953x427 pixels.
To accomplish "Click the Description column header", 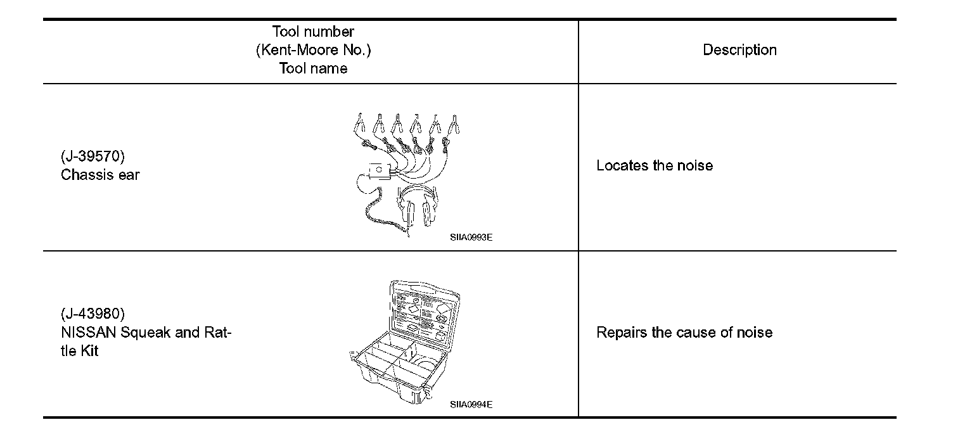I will click(739, 50).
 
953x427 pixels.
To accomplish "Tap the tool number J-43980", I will click(93, 314).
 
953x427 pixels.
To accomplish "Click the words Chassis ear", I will click(100, 175).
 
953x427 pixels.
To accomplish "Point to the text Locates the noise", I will click(655, 166).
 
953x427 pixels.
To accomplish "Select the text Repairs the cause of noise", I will click(684, 333).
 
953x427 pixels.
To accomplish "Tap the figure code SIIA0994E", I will click(471, 404).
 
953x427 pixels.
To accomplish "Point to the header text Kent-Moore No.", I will click(313, 50).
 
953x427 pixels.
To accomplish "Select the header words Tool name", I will click(313, 68).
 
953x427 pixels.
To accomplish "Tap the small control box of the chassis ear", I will click(378, 171).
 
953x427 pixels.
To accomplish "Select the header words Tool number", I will click(313, 32).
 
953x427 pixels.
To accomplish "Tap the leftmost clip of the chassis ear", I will click(359, 122).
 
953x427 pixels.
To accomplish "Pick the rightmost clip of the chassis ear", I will click(454, 124).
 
